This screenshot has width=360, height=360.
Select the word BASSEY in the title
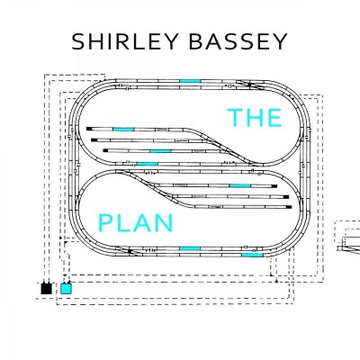(x=238, y=41)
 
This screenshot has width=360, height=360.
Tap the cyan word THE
(x=255, y=118)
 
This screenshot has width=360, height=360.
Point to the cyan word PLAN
(x=136, y=223)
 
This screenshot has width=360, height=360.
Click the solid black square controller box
(x=46, y=289)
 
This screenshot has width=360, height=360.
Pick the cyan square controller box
(x=66, y=289)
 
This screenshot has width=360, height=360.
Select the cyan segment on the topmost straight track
(x=190, y=81)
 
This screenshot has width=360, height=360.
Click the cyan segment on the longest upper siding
(x=123, y=129)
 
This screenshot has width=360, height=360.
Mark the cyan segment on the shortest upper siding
(x=160, y=151)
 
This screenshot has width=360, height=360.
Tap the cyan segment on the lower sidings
(x=240, y=186)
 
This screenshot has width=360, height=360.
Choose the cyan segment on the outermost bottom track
(x=252, y=255)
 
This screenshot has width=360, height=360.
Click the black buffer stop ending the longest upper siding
(x=89, y=129)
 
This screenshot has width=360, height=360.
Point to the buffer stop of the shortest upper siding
(x=105, y=150)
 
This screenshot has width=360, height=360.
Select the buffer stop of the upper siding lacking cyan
(x=94, y=139)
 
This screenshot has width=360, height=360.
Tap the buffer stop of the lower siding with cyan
(x=274, y=186)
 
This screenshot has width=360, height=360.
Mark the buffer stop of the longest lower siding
(x=289, y=207)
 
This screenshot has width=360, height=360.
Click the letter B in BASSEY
(x=196, y=41)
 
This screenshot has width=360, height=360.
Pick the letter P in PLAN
(x=104, y=223)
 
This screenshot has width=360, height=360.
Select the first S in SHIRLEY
(x=77, y=41)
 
